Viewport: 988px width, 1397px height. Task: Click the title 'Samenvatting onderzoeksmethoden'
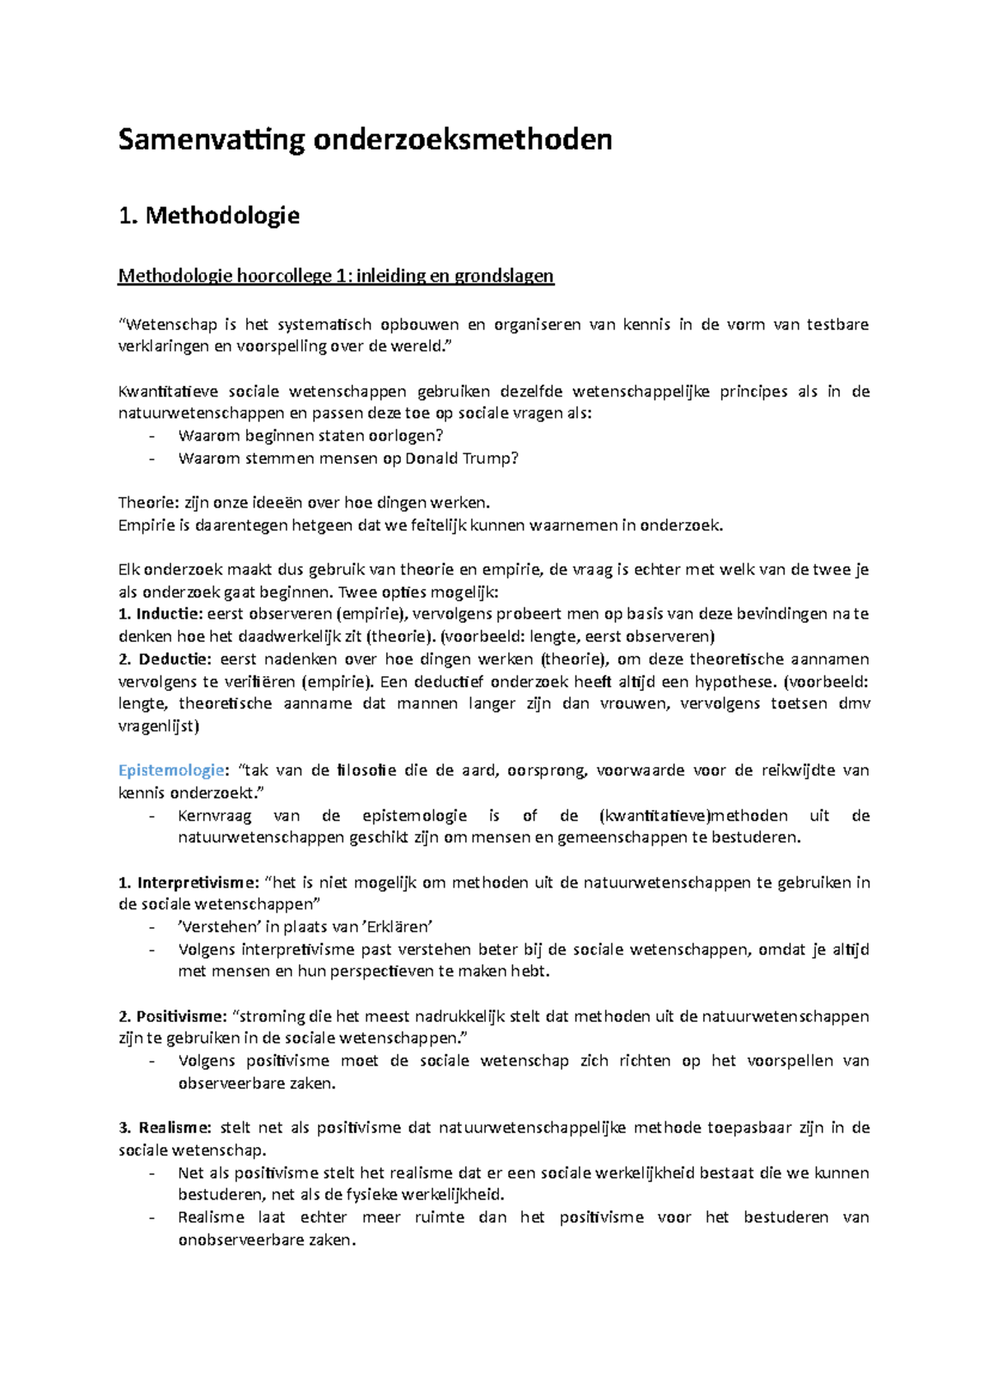pyautogui.click(x=365, y=139)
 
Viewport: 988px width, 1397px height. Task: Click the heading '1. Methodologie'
pyautogui.click(x=208, y=216)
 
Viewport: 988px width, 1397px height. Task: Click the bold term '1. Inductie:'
pyautogui.click(x=160, y=614)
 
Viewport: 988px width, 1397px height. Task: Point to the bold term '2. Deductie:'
pyautogui.click(x=165, y=659)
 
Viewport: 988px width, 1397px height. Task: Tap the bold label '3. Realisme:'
pyautogui.click(x=165, y=1128)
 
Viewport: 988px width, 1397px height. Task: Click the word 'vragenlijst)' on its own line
pyautogui.click(x=159, y=726)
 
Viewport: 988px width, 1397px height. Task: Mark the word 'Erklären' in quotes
pyautogui.click(x=399, y=926)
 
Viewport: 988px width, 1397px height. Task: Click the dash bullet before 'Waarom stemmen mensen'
pyautogui.click(x=151, y=458)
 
